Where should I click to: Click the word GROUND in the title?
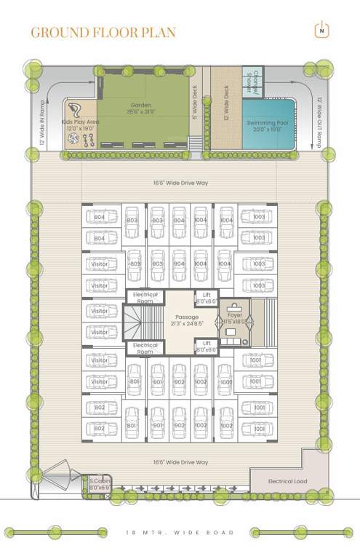(x=61, y=32)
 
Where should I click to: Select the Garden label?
(x=141, y=104)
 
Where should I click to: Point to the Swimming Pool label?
(x=268, y=123)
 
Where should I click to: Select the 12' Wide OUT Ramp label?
(x=320, y=124)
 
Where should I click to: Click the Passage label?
(x=185, y=316)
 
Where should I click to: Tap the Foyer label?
(x=233, y=314)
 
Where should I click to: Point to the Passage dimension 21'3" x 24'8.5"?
(x=185, y=323)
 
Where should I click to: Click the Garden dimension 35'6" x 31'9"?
(x=141, y=111)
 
